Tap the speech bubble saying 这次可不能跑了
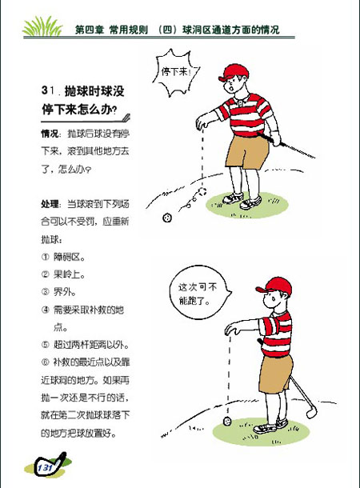(x=197, y=294)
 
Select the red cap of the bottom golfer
(x=276, y=286)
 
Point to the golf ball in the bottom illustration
(x=227, y=419)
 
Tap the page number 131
(x=44, y=466)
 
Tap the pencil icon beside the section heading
(x=126, y=114)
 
